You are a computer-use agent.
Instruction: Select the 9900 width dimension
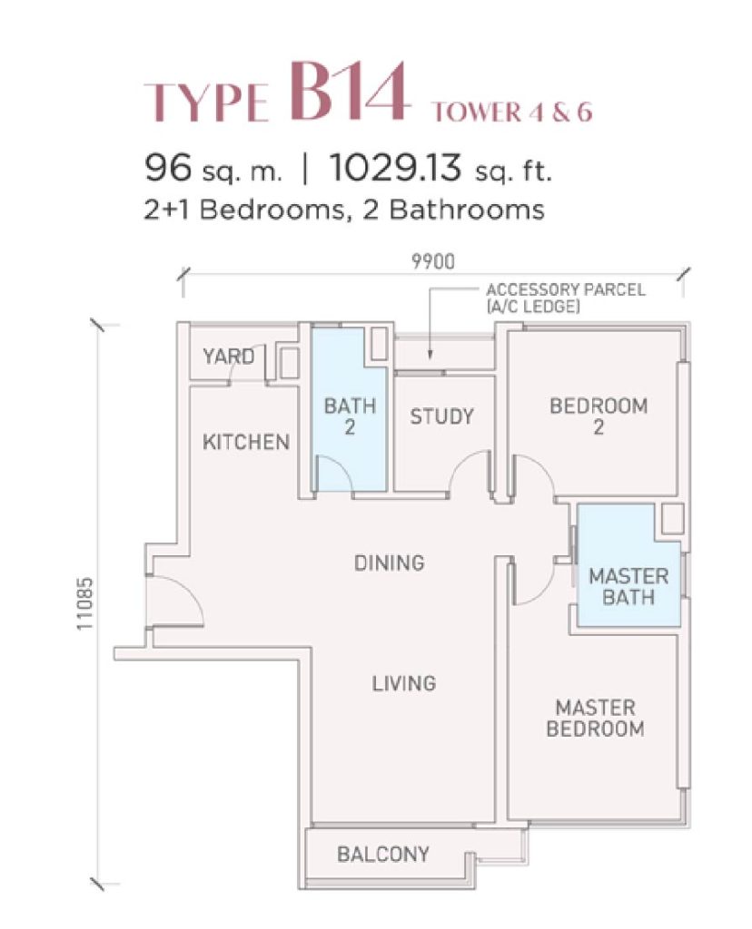pyautogui.click(x=433, y=261)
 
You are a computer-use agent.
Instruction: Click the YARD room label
pyautogui.click(x=228, y=357)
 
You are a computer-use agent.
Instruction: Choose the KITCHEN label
pyautogui.click(x=246, y=442)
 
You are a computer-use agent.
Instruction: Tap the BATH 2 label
pyautogui.click(x=350, y=416)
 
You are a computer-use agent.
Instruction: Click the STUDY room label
pyautogui.click(x=441, y=416)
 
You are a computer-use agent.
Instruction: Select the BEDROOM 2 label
pyautogui.click(x=599, y=416)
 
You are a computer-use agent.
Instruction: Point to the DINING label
pyautogui.click(x=389, y=562)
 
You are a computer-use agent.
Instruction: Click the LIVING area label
pyautogui.click(x=404, y=684)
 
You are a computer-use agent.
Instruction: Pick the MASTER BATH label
pyautogui.click(x=628, y=587)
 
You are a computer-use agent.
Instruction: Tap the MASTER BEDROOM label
pyautogui.click(x=596, y=719)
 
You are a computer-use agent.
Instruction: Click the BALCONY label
pyautogui.click(x=383, y=855)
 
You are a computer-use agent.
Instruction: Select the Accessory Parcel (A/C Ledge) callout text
pyautogui.click(x=565, y=298)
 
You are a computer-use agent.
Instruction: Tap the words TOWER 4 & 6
pyautogui.click(x=512, y=112)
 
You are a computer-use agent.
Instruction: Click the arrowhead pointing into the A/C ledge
pyautogui.click(x=430, y=355)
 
